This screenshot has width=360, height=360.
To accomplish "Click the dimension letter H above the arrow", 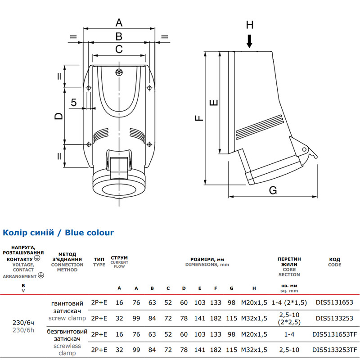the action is tap(250, 25).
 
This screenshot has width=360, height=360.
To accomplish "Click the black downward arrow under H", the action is tap(250, 41).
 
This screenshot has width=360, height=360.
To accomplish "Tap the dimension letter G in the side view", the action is tap(273, 190).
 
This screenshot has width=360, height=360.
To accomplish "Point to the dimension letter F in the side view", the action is tap(199, 118).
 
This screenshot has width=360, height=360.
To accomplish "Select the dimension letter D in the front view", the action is tap(58, 116).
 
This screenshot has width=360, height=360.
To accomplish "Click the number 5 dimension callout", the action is tap(74, 103).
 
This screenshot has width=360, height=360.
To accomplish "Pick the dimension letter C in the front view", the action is tap(119, 49).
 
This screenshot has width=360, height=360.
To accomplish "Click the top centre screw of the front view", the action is tap(119, 72).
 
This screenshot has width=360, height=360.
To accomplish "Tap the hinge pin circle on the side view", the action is tap(304, 150).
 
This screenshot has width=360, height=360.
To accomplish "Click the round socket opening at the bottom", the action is tap(119, 190).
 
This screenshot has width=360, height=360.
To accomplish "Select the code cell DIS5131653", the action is tap(334, 302).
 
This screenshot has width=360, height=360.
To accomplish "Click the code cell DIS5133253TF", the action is tap(335, 350).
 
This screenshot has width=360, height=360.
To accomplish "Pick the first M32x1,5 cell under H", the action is tap(254, 319).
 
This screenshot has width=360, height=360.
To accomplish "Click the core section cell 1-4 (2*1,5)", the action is tap(289, 302).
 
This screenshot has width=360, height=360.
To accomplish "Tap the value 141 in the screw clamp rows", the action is tap(200, 319).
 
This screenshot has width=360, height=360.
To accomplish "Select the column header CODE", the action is tap(334, 265).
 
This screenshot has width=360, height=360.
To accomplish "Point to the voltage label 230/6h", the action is tap(23, 330).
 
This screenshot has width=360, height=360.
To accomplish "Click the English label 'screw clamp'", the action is tap(67, 318).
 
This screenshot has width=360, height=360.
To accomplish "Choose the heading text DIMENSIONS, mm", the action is tap(207, 265).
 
